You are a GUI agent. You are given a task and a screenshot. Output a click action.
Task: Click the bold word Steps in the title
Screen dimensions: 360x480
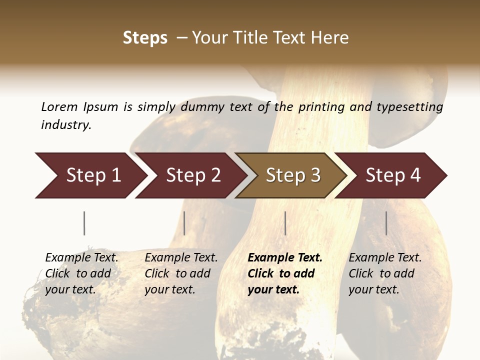[x=145, y=38]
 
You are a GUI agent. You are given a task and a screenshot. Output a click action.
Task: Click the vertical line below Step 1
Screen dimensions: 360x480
[x=84, y=223]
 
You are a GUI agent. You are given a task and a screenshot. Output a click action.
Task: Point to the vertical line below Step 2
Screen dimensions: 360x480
[x=184, y=223]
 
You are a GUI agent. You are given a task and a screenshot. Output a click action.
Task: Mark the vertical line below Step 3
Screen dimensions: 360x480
[x=285, y=223]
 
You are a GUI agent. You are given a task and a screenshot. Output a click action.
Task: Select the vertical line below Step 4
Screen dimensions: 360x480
[x=386, y=223]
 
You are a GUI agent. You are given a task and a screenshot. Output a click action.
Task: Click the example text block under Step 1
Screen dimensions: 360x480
[x=81, y=273]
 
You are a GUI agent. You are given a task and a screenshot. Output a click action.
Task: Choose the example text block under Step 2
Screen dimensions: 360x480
[x=181, y=273]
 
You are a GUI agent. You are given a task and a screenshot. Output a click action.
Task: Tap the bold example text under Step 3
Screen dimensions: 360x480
[x=285, y=273]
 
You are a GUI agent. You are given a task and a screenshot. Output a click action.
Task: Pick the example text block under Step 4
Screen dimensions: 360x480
[x=385, y=273]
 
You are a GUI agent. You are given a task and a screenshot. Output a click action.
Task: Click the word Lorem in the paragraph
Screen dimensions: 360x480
[x=59, y=107]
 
